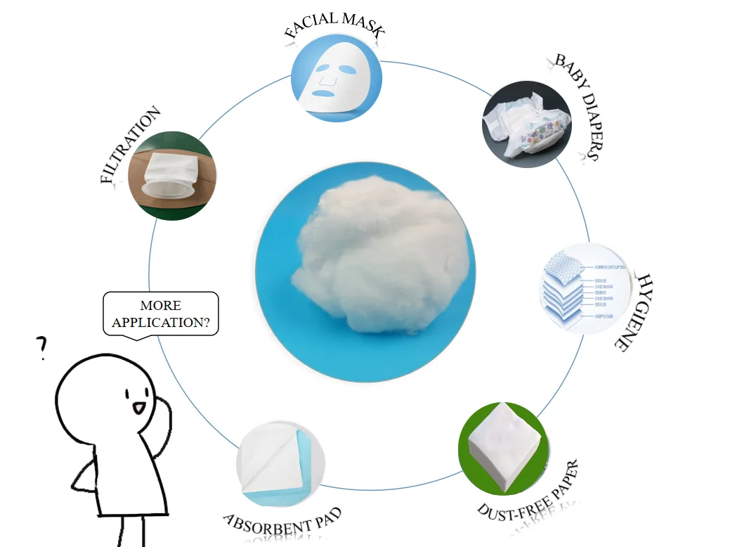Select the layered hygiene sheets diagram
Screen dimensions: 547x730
pos(574,288)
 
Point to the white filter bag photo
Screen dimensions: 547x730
pos(171,176)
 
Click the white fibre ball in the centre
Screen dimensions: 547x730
pos(365,270)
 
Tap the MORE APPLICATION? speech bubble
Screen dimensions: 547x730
pos(161,314)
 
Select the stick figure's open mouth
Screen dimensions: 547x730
pos(138,407)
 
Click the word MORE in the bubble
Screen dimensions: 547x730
pos(160,306)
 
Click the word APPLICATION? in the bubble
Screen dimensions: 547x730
pos(161,323)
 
